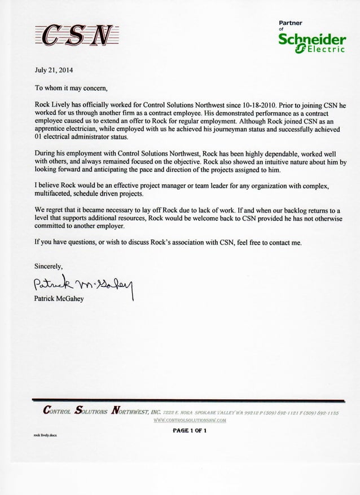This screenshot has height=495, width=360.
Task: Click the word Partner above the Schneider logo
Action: pos(291,23)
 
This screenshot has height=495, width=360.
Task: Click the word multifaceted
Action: pos(55,193)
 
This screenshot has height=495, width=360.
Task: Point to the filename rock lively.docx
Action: pos(46,436)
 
